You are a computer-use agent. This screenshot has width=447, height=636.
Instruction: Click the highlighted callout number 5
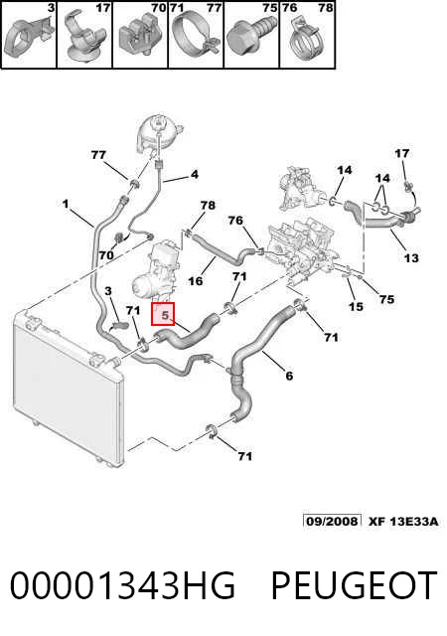pyautogui.click(x=165, y=315)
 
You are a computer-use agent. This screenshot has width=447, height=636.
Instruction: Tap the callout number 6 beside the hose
pyautogui.click(x=289, y=376)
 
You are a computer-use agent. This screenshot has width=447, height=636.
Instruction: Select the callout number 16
pyautogui.click(x=195, y=280)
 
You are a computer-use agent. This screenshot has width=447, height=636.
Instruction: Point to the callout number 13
pyautogui.click(x=411, y=258)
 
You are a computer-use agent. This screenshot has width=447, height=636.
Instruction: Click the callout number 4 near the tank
pyautogui.click(x=195, y=175)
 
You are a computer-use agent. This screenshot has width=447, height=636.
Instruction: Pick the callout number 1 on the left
pyautogui.click(x=66, y=204)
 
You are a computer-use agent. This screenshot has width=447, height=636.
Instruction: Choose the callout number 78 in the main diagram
pyautogui.click(x=208, y=206)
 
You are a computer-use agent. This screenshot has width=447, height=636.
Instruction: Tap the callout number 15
pyautogui.click(x=356, y=306)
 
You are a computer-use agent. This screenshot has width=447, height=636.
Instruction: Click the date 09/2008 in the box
pyautogui.click(x=332, y=521)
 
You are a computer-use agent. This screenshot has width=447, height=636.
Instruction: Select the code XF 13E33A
pyautogui.click(x=403, y=521)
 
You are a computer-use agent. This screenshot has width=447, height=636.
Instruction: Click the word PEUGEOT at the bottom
pyautogui.click(x=354, y=585)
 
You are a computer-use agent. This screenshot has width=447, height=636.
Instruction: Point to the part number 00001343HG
pyautogui.click(x=122, y=585)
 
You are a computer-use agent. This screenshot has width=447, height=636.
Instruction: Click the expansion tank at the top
pyautogui.click(x=159, y=133)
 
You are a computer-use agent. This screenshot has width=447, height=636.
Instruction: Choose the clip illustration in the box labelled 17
pyautogui.click(x=82, y=38)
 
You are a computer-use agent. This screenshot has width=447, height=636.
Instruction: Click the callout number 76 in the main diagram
pyautogui.click(x=235, y=221)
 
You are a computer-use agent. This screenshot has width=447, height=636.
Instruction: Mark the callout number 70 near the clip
pyautogui.click(x=106, y=255)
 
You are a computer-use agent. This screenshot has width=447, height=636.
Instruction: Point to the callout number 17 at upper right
pyautogui.click(x=401, y=153)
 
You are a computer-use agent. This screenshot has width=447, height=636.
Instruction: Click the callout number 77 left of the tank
pyautogui.click(x=98, y=155)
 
